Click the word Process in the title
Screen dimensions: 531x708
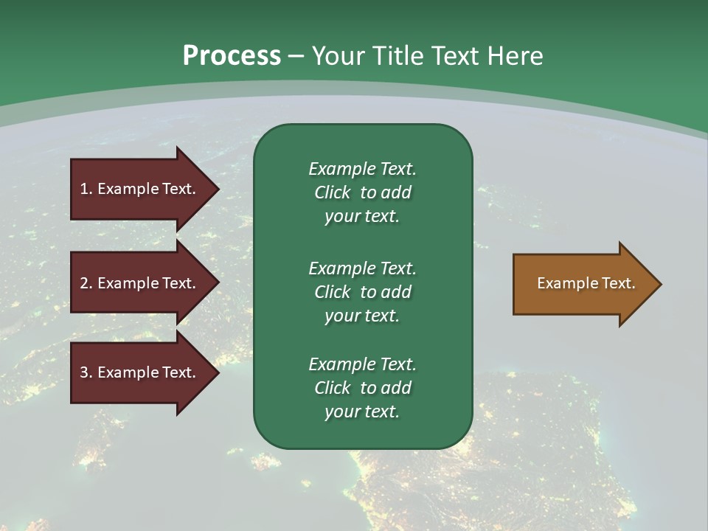pyautogui.click(x=232, y=56)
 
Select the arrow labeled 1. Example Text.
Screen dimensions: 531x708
pyautogui.click(x=140, y=189)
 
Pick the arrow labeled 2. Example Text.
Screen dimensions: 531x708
pyautogui.click(x=140, y=283)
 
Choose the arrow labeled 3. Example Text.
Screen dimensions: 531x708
pyautogui.click(x=140, y=372)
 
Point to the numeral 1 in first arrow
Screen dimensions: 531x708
pyautogui.click(x=84, y=189)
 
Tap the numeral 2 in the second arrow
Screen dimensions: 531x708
pyautogui.click(x=84, y=283)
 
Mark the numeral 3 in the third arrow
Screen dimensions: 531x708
pyautogui.click(x=84, y=372)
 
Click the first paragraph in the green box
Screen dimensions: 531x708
pyautogui.click(x=362, y=192)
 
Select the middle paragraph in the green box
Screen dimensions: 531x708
pyautogui.click(x=362, y=292)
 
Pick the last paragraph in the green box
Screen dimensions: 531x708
pyautogui.click(x=362, y=388)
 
